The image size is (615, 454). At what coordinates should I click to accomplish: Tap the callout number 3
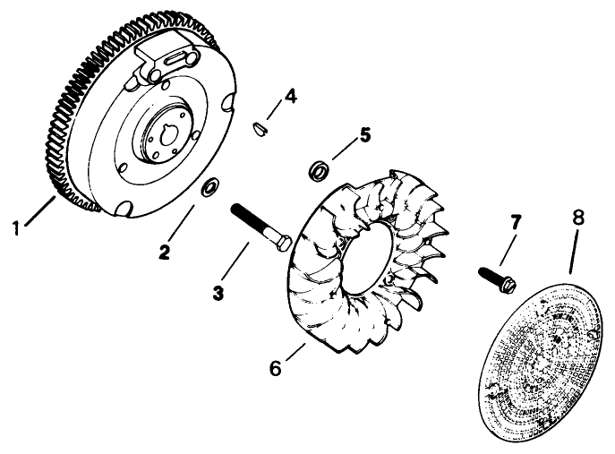pyautogui.click(x=218, y=292)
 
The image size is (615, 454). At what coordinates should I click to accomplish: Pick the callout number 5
pyautogui.click(x=364, y=136)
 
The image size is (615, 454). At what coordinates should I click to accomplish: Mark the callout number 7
pyautogui.click(x=514, y=220)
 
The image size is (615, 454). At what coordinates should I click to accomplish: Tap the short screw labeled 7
pyautogui.click(x=495, y=278)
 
